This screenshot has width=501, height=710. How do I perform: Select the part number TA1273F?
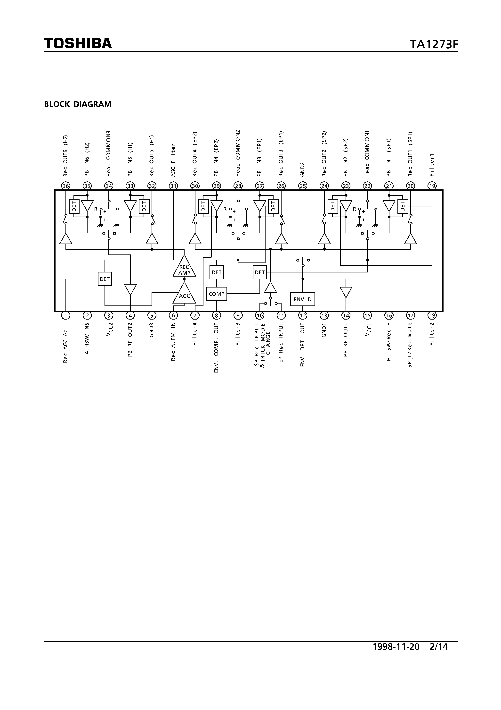pyautogui.click(x=434, y=45)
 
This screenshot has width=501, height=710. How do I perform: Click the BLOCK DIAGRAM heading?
pyautogui.click(x=78, y=104)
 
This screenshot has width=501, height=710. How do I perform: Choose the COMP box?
pyautogui.click(x=217, y=294)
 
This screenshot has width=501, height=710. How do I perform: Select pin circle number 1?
pyautogui.click(x=65, y=315)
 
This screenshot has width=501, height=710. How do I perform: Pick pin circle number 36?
pyautogui.click(x=65, y=186)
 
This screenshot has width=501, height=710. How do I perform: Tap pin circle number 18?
pyautogui.click(x=432, y=315)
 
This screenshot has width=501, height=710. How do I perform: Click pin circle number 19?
pyautogui.click(x=432, y=186)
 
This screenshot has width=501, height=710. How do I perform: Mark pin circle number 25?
pyautogui.click(x=303, y=186)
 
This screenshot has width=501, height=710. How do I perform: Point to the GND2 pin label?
pyautogui.click(x=303, y=169)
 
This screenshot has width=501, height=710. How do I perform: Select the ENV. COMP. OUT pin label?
pyautogui.click(x=216, y=347)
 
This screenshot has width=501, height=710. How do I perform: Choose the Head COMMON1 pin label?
pyautogui.click(x=367, y=153)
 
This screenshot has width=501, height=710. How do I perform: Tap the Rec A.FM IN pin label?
pyautogui.click(x=173, y=341)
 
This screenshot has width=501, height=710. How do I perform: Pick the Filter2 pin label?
pyautogui.click(x=432, y=334)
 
